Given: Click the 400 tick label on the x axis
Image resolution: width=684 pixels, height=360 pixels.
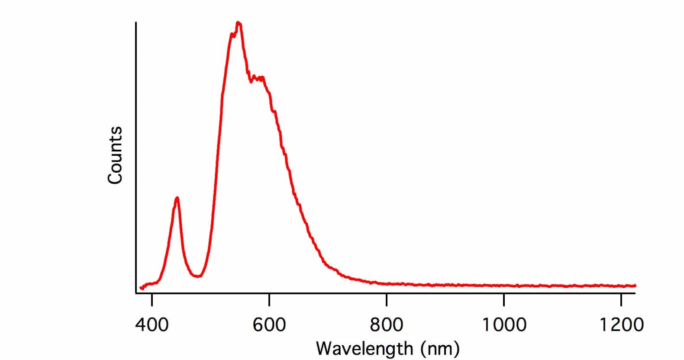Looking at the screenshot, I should click(152, 324).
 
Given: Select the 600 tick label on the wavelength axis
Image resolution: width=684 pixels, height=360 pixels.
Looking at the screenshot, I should click(269, 324).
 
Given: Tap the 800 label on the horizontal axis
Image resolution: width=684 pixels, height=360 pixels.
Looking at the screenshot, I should click(387, 324).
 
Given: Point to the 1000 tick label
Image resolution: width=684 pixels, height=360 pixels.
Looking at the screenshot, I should click(504, 324).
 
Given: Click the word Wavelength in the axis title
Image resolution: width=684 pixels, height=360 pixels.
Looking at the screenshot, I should click(364, 348).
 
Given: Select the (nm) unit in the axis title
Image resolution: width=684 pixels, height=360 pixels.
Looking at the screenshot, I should click(440, 348).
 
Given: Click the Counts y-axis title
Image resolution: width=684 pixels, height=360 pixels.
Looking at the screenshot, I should click(115, 155).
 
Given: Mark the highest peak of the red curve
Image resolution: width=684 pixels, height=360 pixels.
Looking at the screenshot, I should click(238, 23).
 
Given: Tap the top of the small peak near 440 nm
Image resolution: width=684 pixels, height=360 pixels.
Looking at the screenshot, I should click(177, 198).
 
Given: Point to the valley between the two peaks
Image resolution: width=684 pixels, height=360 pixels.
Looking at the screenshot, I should click(197, 276).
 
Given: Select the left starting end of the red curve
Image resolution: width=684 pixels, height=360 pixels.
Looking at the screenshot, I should click(141, 288).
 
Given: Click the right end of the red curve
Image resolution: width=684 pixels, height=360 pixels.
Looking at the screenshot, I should click(635, 285).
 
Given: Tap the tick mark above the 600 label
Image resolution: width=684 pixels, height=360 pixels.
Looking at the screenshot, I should click(269, 298).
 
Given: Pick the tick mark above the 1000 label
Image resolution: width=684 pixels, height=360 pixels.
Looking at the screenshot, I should click(504, 298).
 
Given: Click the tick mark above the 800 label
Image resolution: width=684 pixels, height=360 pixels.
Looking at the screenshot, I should click(387, 298).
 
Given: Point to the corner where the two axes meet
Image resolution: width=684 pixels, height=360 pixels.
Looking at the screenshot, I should click(136, 293).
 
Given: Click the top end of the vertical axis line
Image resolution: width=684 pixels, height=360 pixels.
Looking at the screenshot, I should click(136, 22).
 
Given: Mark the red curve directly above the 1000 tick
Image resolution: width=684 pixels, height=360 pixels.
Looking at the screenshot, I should click(504, 286).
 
